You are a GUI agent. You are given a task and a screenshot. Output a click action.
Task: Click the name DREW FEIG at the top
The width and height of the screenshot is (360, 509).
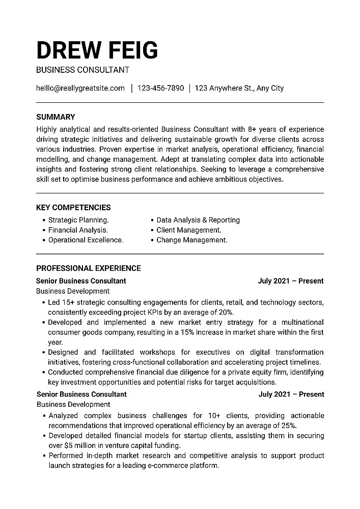[97, 50]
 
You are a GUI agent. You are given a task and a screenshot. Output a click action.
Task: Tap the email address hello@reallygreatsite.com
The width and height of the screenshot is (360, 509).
[80, 88]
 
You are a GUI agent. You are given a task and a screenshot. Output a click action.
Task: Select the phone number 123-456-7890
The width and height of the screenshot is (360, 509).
[160, 88]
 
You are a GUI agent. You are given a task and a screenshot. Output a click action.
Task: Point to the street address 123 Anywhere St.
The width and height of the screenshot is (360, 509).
[225, 88]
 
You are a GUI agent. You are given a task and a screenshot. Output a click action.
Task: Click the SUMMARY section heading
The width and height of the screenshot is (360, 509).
[56, 117]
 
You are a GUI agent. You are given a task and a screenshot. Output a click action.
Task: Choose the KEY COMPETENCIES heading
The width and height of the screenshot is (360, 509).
[73, 208]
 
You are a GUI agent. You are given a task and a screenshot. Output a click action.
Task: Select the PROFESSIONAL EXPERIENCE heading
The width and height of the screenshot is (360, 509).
[89, 268]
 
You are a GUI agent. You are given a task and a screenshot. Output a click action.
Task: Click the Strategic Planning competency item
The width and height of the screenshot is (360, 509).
[78, 220]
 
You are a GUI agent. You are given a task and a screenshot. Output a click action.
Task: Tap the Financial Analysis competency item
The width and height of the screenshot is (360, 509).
[78, 230]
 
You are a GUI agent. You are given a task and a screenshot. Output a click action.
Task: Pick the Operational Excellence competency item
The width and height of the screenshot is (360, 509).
[86, 240]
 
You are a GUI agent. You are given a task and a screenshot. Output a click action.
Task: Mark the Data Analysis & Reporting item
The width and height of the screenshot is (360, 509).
[198, 220]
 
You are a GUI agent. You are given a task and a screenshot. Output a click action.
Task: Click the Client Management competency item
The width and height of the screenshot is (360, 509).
[188, 230]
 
